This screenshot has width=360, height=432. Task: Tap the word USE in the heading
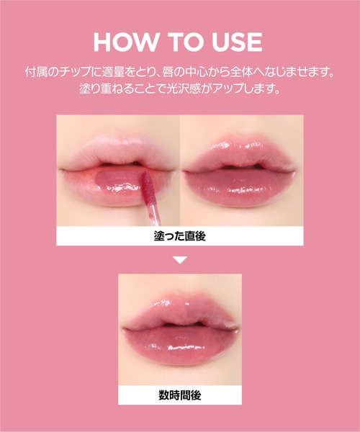(x=237, y=42)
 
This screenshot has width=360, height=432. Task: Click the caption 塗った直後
(x=179, y=236)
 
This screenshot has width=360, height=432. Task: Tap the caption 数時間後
(x=180, y=395)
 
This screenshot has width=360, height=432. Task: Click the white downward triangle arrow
(x=180, y=261)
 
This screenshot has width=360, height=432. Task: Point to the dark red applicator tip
(x=148, y=186)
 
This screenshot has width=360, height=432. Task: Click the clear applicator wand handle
(x=153, y=214)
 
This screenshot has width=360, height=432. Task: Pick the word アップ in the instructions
(x=229, y=89)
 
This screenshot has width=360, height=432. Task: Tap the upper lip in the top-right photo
(x=238, y=155)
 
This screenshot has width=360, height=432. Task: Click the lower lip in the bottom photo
(x=179, y=346)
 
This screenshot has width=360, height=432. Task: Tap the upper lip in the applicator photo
(x=119, y=153)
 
